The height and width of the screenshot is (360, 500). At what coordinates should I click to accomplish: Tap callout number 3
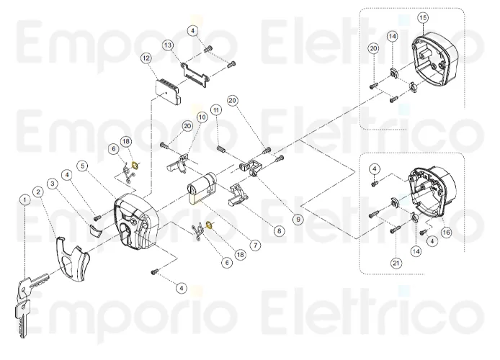pos(52,184)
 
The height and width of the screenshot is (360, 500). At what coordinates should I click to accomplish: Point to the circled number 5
pos(84,166)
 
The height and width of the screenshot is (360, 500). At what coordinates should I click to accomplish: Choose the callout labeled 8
pos(279,231)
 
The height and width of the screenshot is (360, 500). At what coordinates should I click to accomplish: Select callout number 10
pos(201,117)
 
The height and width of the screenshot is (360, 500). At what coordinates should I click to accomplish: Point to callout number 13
pos(168,45)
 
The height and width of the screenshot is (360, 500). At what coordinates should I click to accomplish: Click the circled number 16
pos(446,232)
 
